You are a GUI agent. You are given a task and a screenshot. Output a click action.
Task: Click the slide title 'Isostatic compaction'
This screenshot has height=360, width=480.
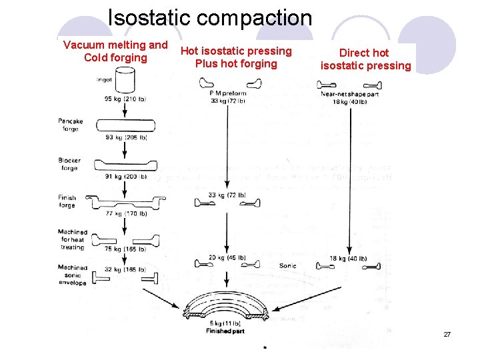[x=209, y=17]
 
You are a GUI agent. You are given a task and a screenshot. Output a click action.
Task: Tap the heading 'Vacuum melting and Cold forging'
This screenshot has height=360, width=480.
[x=115, y=51]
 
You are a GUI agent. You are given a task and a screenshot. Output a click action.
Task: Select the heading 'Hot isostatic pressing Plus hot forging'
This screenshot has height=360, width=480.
[x=236, y=57]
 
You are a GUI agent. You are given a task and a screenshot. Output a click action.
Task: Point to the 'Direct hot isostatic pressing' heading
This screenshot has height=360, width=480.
[x=365, y=59]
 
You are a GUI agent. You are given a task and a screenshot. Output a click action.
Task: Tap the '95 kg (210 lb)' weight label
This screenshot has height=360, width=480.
[x=125, y=99]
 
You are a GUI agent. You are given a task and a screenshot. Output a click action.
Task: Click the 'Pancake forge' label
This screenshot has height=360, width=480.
[x=71, y=125]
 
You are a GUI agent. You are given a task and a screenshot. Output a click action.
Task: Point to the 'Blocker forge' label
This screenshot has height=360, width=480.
[x=69, y=164]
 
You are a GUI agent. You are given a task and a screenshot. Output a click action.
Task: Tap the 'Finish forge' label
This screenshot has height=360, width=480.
[x=67, y=201]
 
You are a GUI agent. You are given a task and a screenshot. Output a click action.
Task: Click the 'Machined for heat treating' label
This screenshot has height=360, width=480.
[x=72, y=239]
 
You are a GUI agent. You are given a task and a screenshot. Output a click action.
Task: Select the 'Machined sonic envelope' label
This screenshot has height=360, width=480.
[x=72, y=275]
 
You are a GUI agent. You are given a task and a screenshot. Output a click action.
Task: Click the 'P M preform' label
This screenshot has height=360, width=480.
[x=227, y=93]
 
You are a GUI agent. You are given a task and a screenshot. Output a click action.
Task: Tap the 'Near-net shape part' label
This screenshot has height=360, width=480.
[x=345, y=94]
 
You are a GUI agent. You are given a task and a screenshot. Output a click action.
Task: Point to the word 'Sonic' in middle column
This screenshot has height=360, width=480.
[x=287, y=266]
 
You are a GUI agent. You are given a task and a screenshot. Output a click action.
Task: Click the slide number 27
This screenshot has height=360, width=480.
[x=447, y=334]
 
